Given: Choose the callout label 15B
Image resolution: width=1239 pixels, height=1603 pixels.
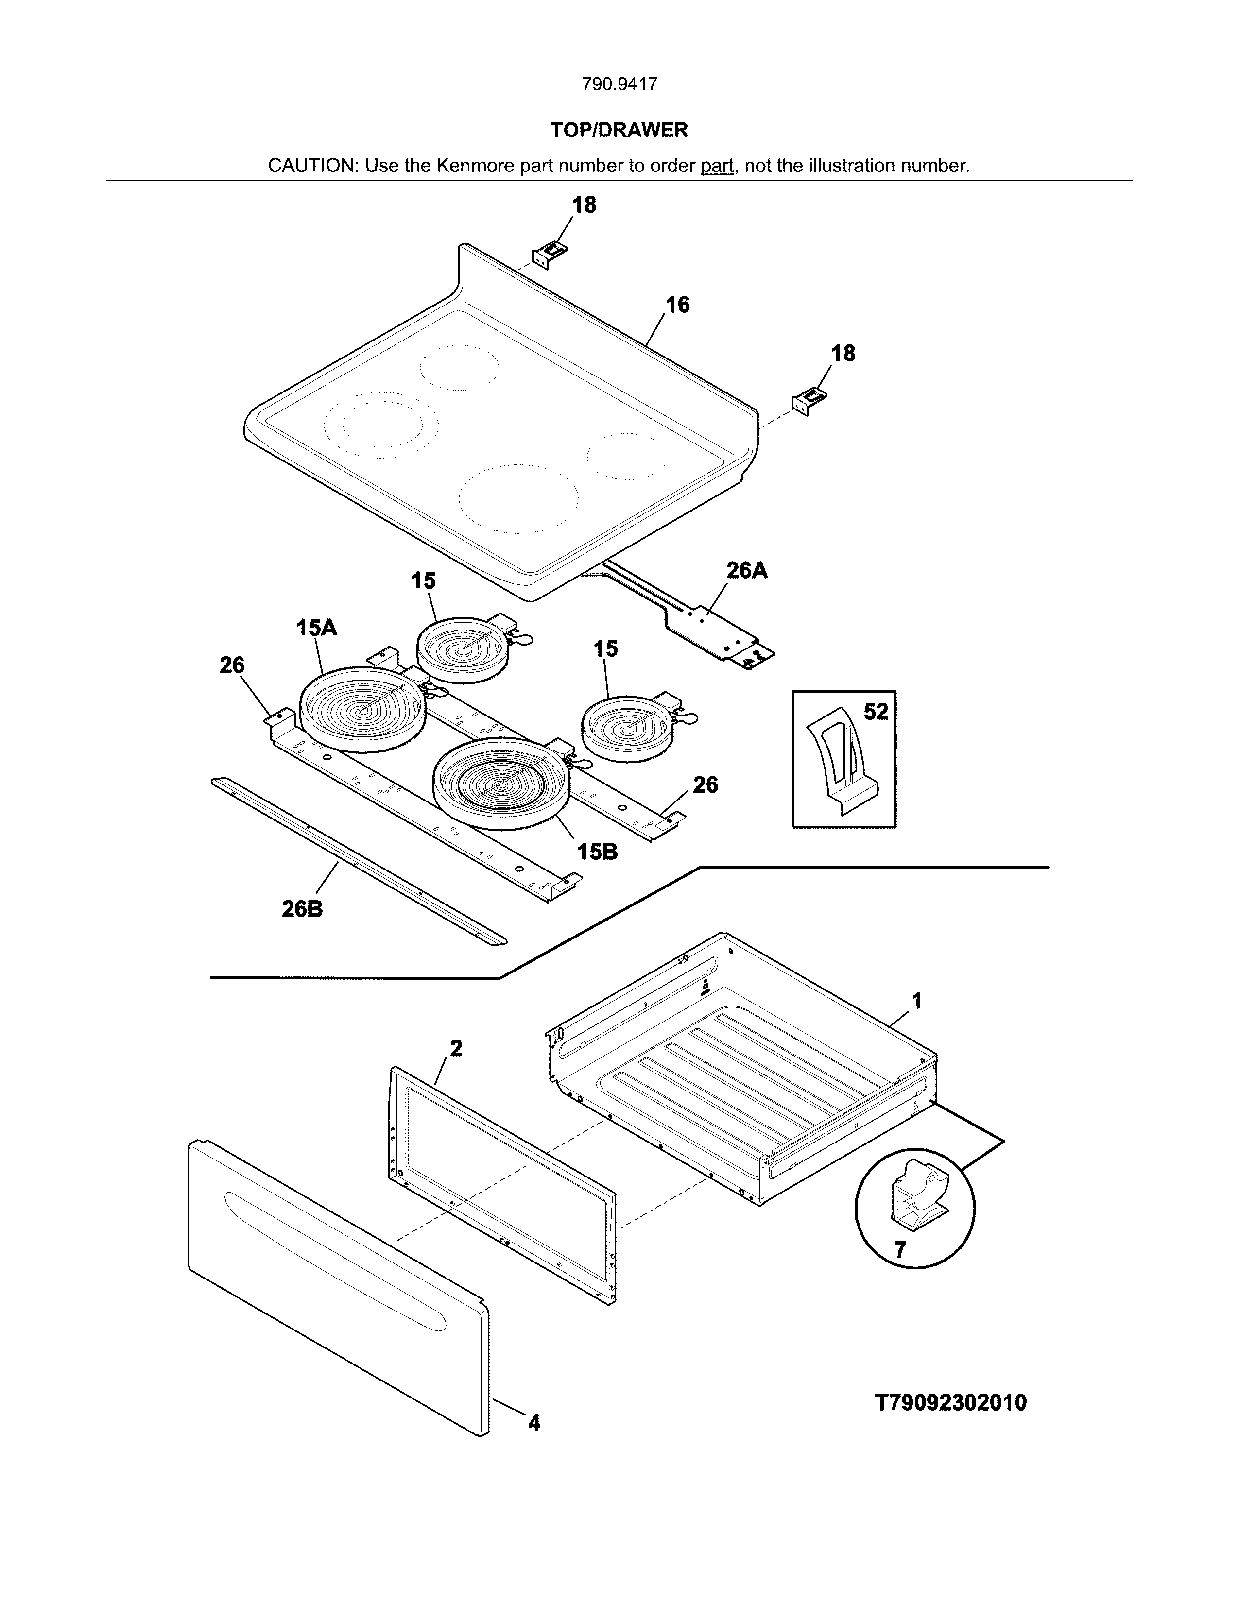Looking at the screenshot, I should pyautogui.click(x=597, y=852).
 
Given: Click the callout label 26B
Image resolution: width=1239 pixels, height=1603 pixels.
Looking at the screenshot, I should pyautogui.click(x=302, y=909).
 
